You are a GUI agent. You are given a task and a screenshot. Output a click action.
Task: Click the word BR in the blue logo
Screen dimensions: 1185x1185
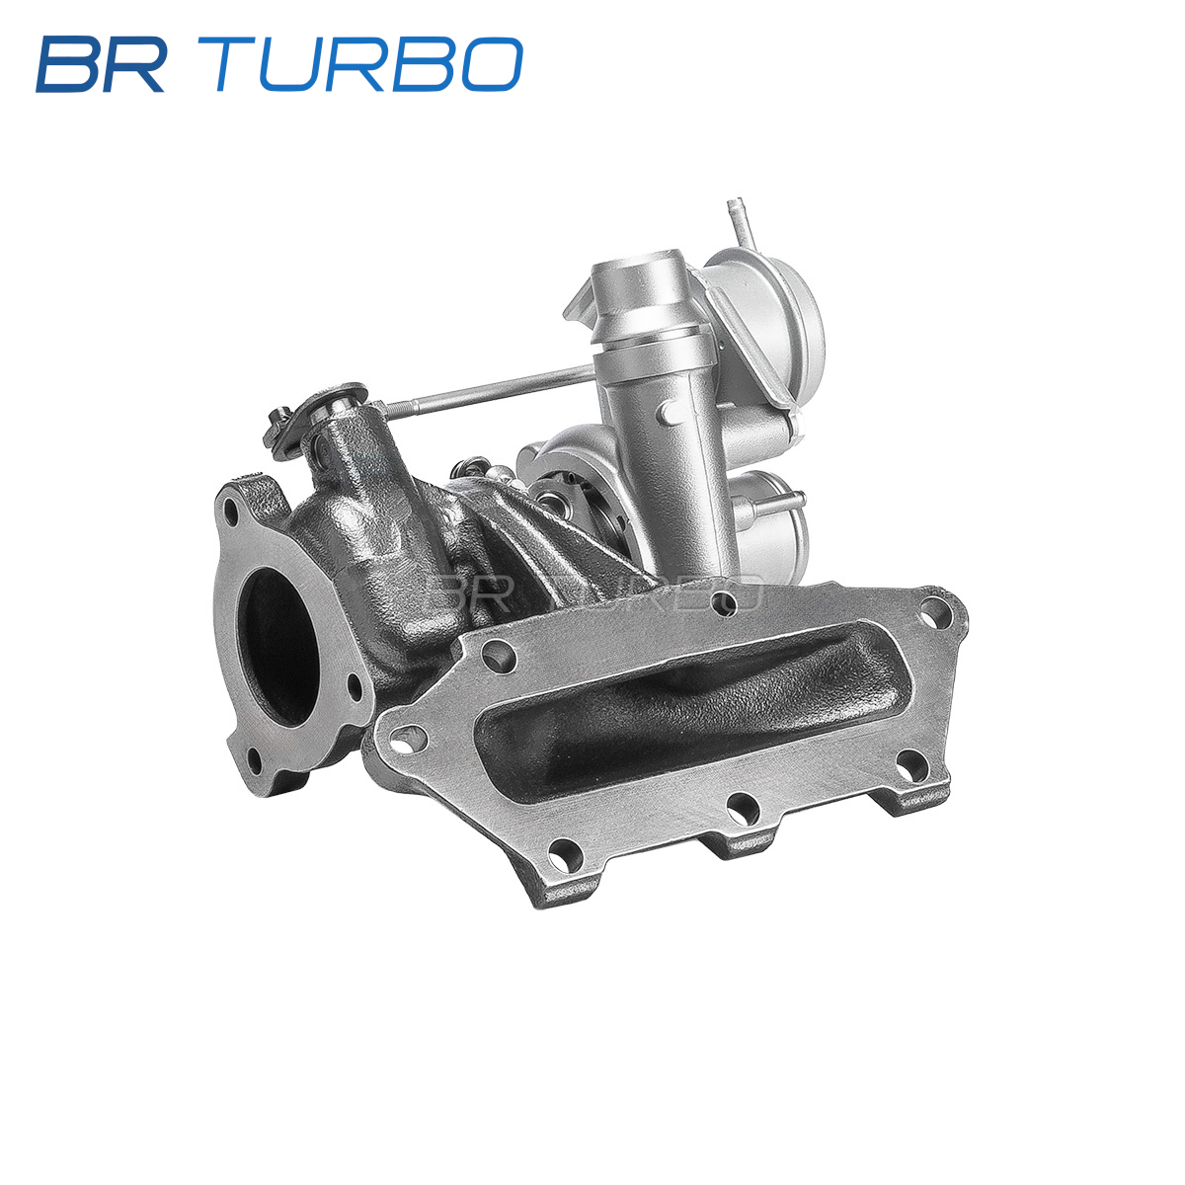tap(101, 64)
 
